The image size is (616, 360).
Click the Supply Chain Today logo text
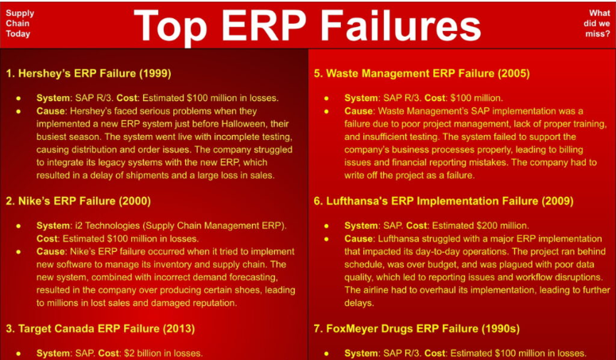click(x=20, y=24)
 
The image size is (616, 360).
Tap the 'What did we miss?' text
click(x=599, y=24)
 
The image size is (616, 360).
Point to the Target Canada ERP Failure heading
click(x=101, y=327)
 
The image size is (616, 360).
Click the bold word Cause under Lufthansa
click(x=358, y=238)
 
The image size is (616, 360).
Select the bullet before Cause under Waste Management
click(x=328, y=111)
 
